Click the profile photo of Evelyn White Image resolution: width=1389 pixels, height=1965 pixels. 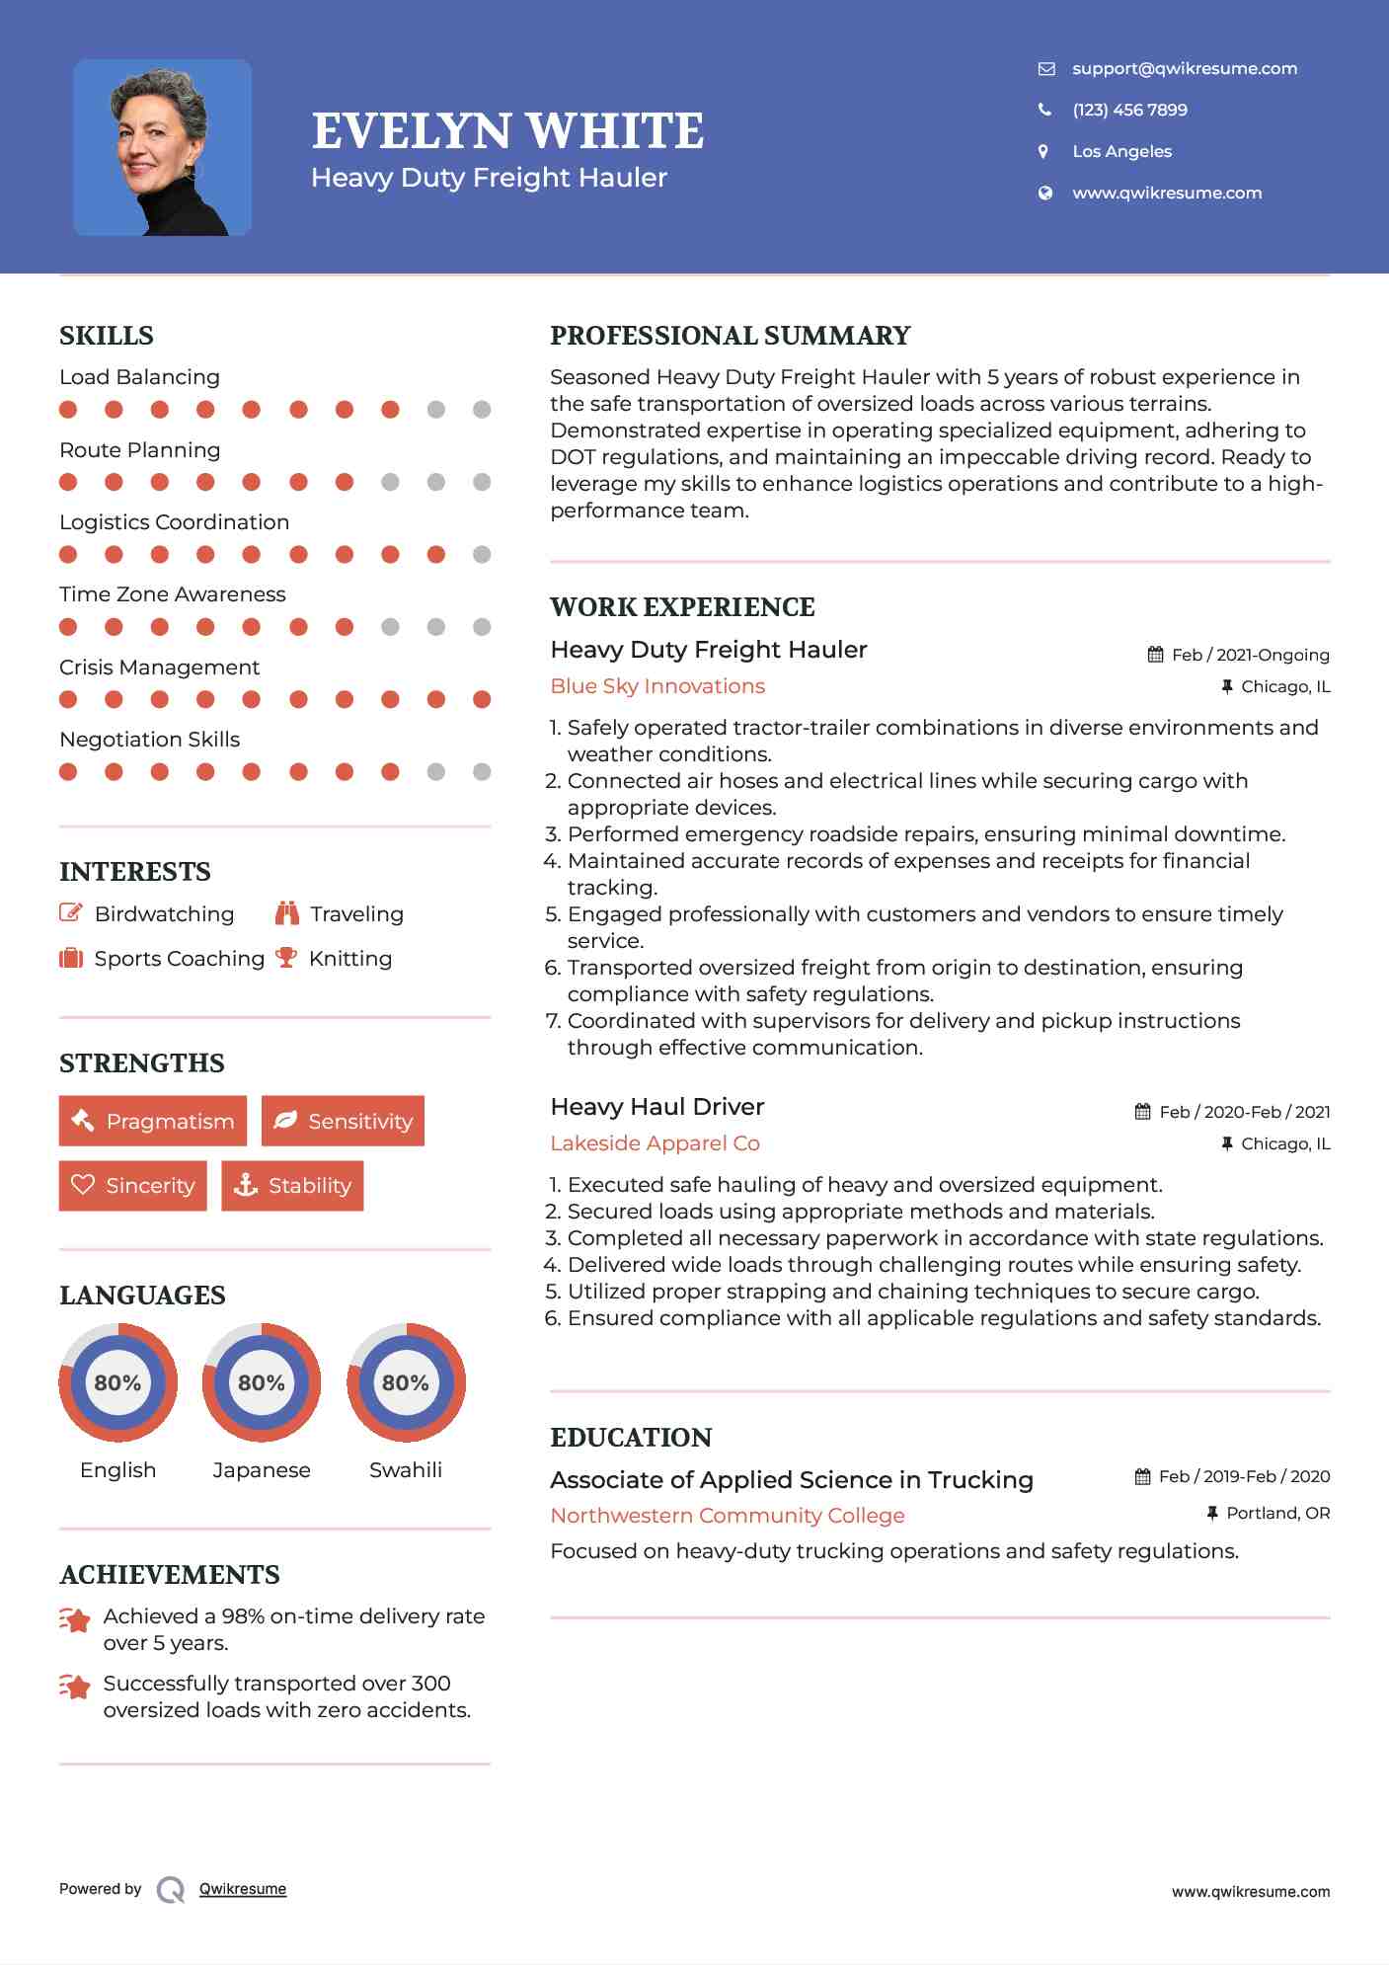[x=162, y=147]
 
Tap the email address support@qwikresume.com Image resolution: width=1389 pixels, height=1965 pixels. [x=1184, y=68]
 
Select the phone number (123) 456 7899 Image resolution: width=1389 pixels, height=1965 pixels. [x=1129, y=110]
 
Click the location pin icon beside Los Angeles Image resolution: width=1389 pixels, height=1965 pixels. [x=1043, y=151]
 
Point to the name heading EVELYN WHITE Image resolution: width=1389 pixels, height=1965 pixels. [x=507, y=131]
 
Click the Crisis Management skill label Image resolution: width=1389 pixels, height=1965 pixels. [x=159, y=668]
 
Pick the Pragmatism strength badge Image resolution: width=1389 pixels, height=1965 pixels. [x=153, y=1121]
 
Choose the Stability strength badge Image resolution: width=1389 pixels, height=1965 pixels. [x=292, y=1185]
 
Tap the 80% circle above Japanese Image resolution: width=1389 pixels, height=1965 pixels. [x=262, y=1382]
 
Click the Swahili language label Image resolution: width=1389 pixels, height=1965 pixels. [x=405, y=1470]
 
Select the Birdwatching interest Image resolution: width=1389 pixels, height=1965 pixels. [x=164, y=914]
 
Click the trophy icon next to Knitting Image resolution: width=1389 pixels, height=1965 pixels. [x=286, y=958]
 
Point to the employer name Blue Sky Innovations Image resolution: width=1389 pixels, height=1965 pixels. [x=657, y=686]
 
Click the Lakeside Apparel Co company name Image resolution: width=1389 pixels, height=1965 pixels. [x=655, y=1143]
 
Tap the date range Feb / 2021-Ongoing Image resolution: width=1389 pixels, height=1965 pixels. [x=1250, y=655]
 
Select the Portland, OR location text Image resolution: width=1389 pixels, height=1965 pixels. [x=1277, y=1513]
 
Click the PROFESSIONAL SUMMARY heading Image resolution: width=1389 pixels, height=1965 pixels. [x=730, y=336]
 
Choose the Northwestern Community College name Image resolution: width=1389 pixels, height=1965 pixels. [x=727, y=1516]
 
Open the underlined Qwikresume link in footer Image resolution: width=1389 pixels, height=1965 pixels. [x=243, y=1889]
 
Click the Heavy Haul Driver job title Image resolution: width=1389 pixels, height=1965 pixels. [x=656, y=1107]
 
